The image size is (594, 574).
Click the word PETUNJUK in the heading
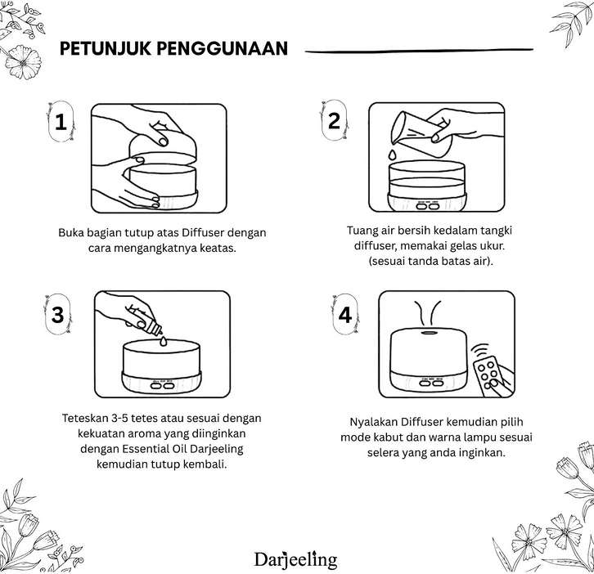coord(105,48)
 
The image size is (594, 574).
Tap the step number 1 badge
coord(61,122)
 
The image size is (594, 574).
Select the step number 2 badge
coord(334,120)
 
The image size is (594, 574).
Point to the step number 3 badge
coord(57,314)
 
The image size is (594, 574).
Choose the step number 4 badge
coord(345,314)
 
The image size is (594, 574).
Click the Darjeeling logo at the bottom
coord(296,559)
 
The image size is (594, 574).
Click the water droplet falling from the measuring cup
coord(392,154)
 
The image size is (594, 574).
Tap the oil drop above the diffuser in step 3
coord(164,341)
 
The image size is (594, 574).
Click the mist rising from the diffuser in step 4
coord(427,312)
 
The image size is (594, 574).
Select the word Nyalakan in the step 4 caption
coord(374,422)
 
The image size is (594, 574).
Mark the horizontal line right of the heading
coord(419,51)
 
